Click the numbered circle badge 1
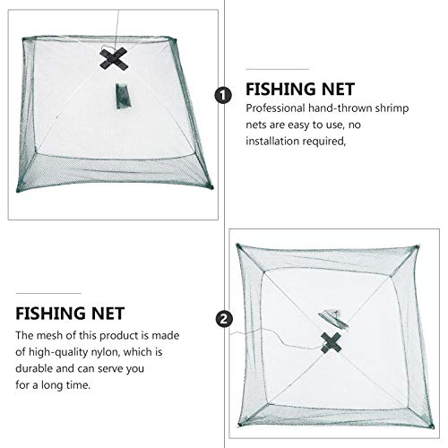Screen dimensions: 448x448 pos(222,92)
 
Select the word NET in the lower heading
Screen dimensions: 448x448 pos(124,314)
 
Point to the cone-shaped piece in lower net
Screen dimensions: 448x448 pos(327,315)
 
